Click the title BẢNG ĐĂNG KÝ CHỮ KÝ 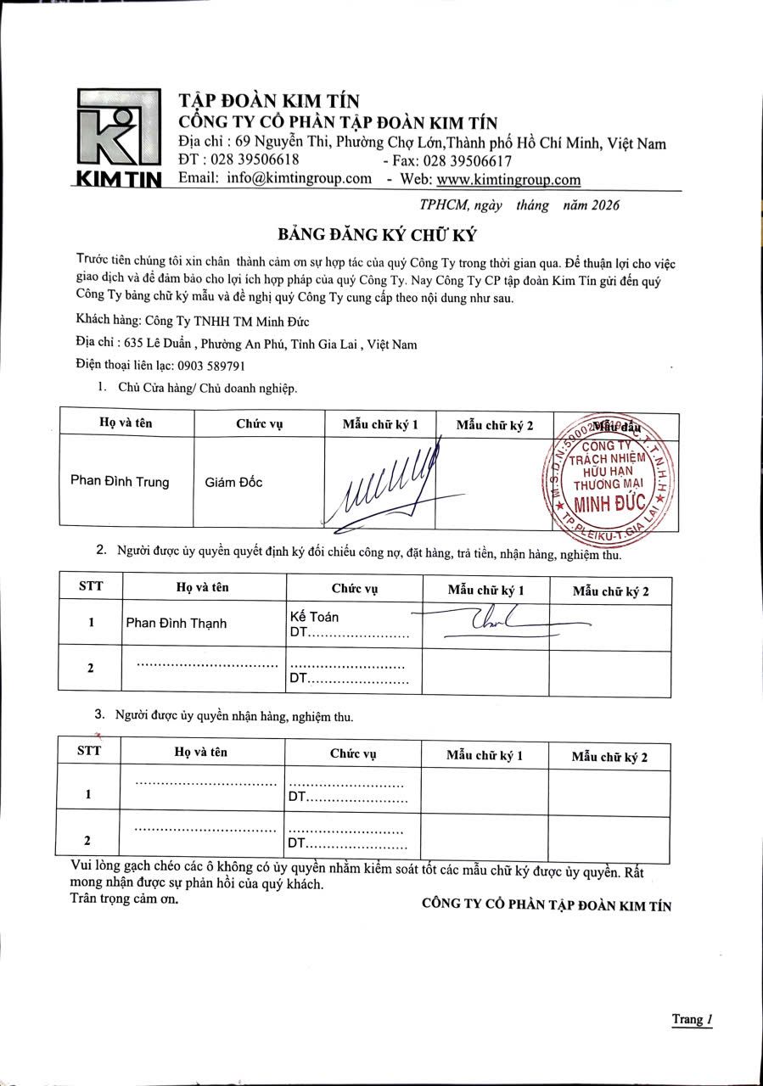click(379, 234)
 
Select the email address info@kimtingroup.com click(300, 178)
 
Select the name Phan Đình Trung click(120, 482)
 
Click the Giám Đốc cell click(234, 482)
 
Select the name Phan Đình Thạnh click(177, 623)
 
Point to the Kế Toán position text click(314, 617)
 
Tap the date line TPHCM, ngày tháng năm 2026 click(519, 204)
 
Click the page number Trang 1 click(691, 1019)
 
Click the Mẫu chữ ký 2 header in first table click(494, 424)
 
